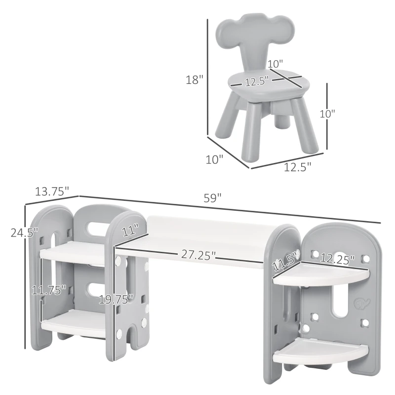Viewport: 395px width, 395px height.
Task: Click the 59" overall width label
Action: click(213, 198)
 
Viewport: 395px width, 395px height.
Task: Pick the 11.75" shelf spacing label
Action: click(49, 290)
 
